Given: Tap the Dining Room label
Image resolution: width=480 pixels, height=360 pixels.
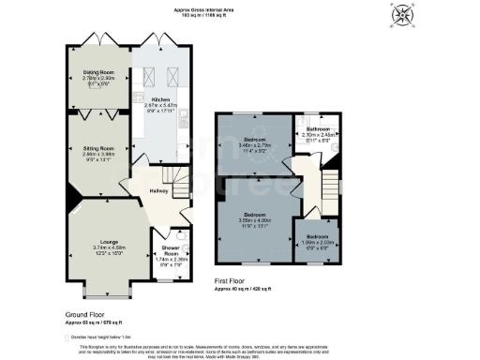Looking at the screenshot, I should point(97,77).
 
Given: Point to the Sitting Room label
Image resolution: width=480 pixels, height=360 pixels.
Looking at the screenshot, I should point(97,147).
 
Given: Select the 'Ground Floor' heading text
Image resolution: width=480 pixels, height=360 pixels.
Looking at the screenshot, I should point(83,314).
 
